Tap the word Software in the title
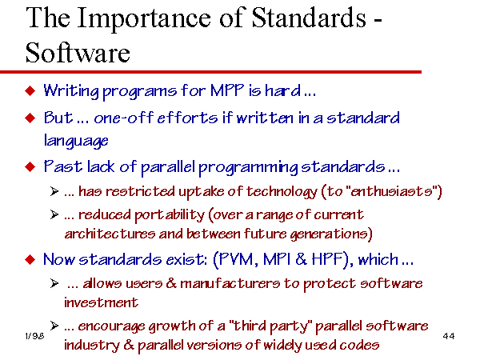pyautogui.click(x=78, y=53)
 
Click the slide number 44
pyautogui.click(x=449, y=336)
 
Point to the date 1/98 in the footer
pyautogui.click(x=34, y=336)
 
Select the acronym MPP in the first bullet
pyautogui.click(x=227, y=90)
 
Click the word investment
pyautogui.click(x=101, y=302)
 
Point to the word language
pyautogui.click(x=76, y=141)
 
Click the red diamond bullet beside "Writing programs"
pyautogui.click(x=30, y=91)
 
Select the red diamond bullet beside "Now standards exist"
pyautogui.click(x=30, y=260)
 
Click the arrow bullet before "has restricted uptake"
pyautogui.click(x=54, y=192)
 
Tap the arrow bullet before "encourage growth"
pyautogui.click(x=54, y=326)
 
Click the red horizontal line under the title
pyautogui.click(x=210, y=72)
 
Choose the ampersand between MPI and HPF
pyautogui.click(x=301, y=259)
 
